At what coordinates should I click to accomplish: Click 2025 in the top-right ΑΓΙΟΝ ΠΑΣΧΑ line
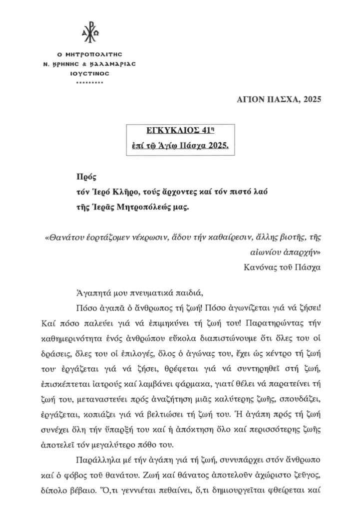pos(309,99)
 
